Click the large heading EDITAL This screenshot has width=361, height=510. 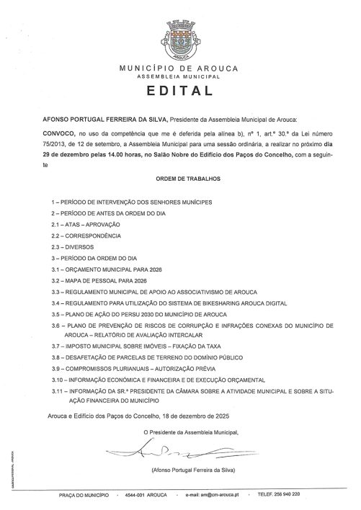click(x=180, y=91)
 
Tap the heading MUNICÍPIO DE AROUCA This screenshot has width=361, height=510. click(x=180, y=67)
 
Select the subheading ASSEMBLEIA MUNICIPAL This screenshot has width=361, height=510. click(x=180, y=75)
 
